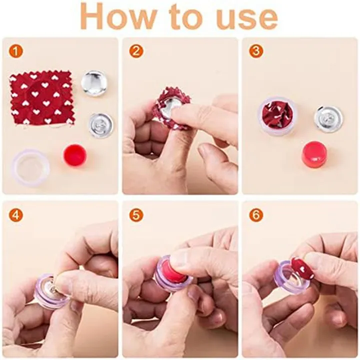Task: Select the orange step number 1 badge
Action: click(x=15, y=51)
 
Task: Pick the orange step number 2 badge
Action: click(x=136, y=51)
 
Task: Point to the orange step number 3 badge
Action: click(x=256, y=51)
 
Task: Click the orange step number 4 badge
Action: click(x=15, y=215)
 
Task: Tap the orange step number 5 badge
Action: click(x=136, y=215)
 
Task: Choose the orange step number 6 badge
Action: click(x=256, y=215)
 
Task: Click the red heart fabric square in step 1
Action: click(x=42, y=98)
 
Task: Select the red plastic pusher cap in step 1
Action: click(x=74, y=155)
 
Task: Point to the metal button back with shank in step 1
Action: click(x=100, y=124)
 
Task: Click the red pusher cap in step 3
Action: click(x=314, y=154)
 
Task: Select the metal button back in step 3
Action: click(x=328, y=119)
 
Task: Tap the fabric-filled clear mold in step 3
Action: click(x=278, y=116)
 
